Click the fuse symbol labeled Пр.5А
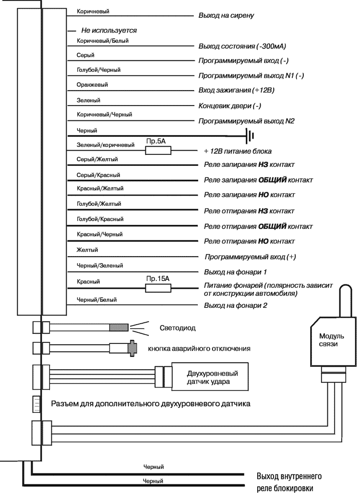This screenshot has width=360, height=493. pyautogui.click(x=158, y=151)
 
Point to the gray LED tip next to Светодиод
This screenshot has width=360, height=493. pyautogui.click(x=119, y=328)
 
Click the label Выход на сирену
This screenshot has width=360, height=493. pyautogui.click(x=226, y=15)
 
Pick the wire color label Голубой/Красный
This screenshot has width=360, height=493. pyautogui.click(x=98, y=219)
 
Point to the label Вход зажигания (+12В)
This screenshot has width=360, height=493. pyautogui.click(x=236, y=91)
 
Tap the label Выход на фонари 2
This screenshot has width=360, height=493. pyautogui.click(x=236, y=305)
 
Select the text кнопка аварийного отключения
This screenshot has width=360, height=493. pyautogui.click(x=199, y=348)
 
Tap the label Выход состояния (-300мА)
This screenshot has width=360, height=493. pyautogui.click(x=242, y=47)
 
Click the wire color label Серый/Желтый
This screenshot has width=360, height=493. pyautogui.click(x=97, y=159)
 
